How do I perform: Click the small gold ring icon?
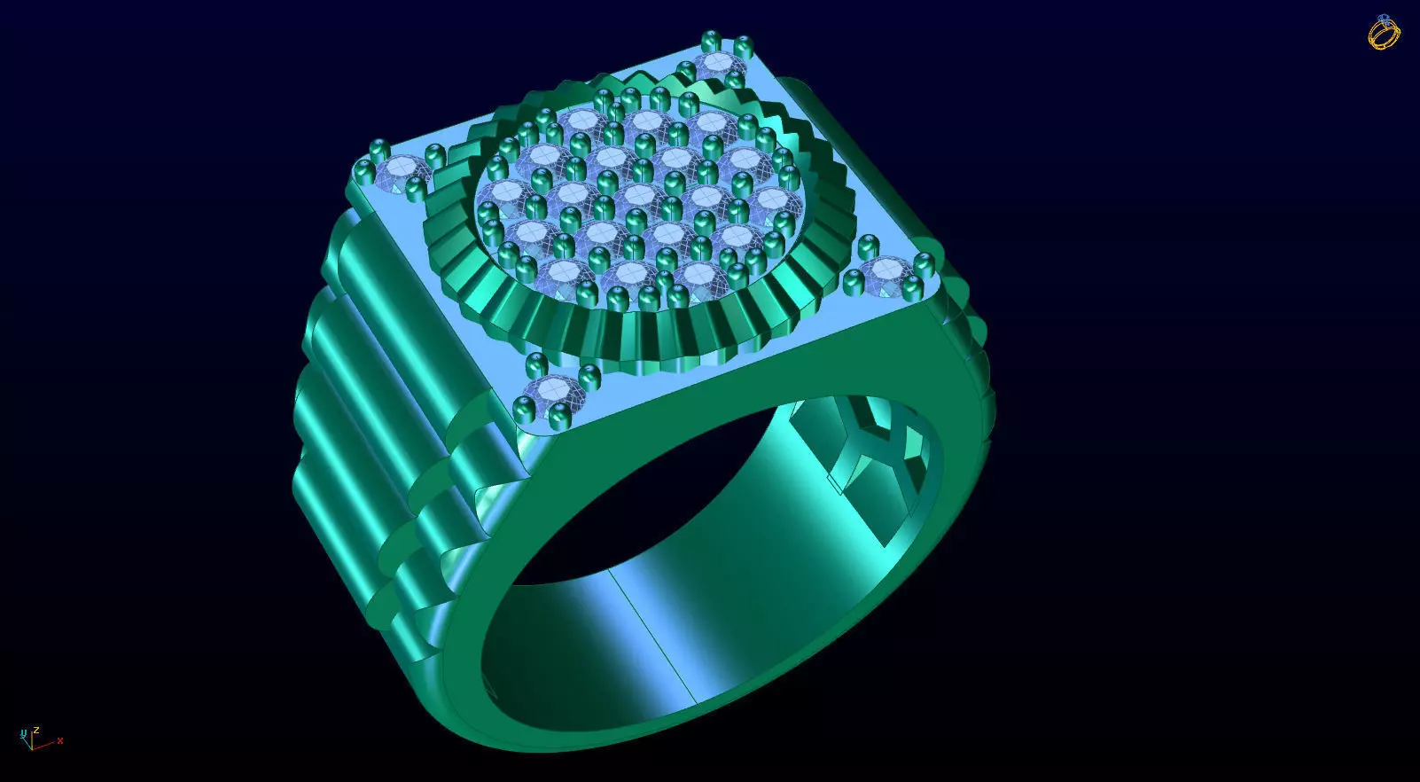tap(1384, 33)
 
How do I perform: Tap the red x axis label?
tap(59, 740)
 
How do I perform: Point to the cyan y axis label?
tap(23, 732)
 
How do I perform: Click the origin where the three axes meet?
tap(31, 746)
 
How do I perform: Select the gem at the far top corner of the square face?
tap(719, 65)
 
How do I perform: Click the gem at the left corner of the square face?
tap(401, 170)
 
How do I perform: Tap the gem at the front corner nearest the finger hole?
tap(552, 390)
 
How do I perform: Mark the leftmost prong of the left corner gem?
tap(363, 170)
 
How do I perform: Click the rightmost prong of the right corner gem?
tap(925, 263)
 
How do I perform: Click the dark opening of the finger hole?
tap(638, 497)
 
